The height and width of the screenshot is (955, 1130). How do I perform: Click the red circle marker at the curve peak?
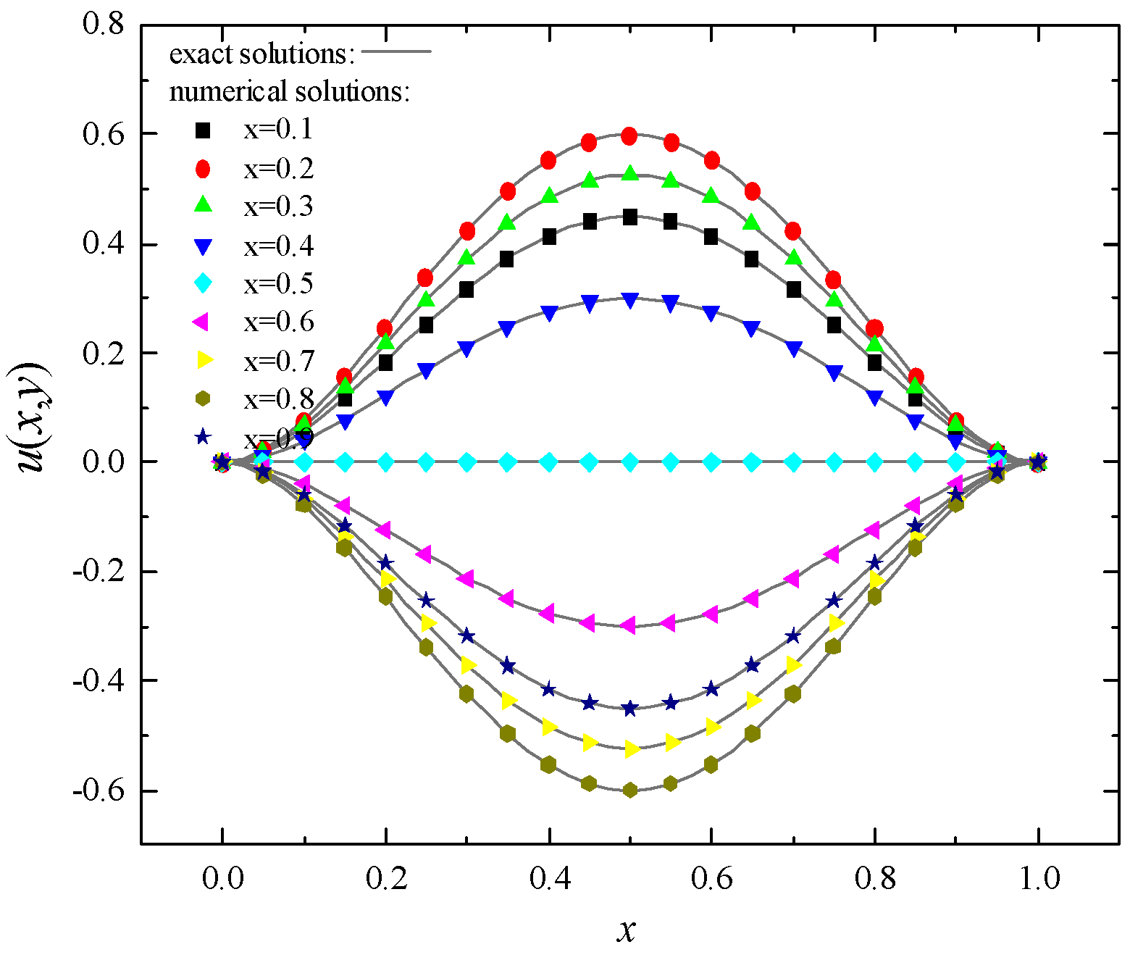point(629,136)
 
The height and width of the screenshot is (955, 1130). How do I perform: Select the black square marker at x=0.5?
point(629,217)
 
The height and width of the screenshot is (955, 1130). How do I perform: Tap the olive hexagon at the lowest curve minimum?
point(629,790)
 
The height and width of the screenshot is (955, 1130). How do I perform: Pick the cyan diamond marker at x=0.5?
point(629,462)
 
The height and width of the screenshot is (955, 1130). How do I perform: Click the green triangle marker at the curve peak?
point(629,173)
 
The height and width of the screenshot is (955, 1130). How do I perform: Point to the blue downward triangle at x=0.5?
point(629,300)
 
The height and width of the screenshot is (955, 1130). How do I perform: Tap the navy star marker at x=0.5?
point(629,709)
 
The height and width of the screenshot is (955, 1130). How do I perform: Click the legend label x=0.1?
point(278,130)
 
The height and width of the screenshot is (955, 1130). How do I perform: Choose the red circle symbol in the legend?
point(203,168)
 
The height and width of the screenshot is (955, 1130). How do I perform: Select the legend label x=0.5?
point(278,283)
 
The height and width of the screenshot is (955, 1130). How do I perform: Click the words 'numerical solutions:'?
point(290,91)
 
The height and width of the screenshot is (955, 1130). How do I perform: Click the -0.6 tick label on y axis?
point(99,790)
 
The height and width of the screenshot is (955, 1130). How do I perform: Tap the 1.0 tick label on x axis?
point(1039,879)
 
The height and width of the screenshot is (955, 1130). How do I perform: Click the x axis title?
point(626,930)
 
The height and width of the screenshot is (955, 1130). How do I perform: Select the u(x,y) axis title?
point(33,416)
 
